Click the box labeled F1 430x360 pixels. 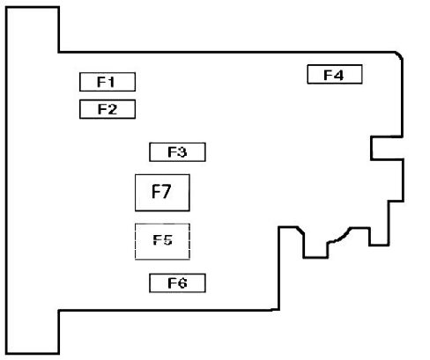[x=107, y=82]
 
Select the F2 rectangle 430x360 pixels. [x=107, y=109]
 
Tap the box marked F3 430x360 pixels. [x=177, y=152]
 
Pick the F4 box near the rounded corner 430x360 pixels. [x=335, y=74]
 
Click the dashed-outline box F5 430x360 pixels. [x=162, y=241]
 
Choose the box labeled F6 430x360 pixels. [x=177, y=283]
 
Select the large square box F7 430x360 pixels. [x=162, y=193]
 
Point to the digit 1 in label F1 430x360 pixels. [x=111, y=82]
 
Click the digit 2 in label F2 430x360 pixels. [x=112, y=109]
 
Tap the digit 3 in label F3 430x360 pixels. [x=182, y=152]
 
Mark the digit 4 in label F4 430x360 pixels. [x=338, y=75]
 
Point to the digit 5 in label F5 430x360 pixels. [x=167, y=240]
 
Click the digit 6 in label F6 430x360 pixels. [x=182, y=283]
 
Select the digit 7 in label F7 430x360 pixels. [x=166, y=192]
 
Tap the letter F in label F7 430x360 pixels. [x=156, y=191]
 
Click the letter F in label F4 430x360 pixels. [x=328, y=75]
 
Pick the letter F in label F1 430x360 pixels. [x=101, y=82]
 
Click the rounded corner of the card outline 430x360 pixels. [x=399, y=55]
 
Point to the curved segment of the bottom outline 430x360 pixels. [x=339, y=236]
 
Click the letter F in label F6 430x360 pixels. [x=172, y=283]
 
